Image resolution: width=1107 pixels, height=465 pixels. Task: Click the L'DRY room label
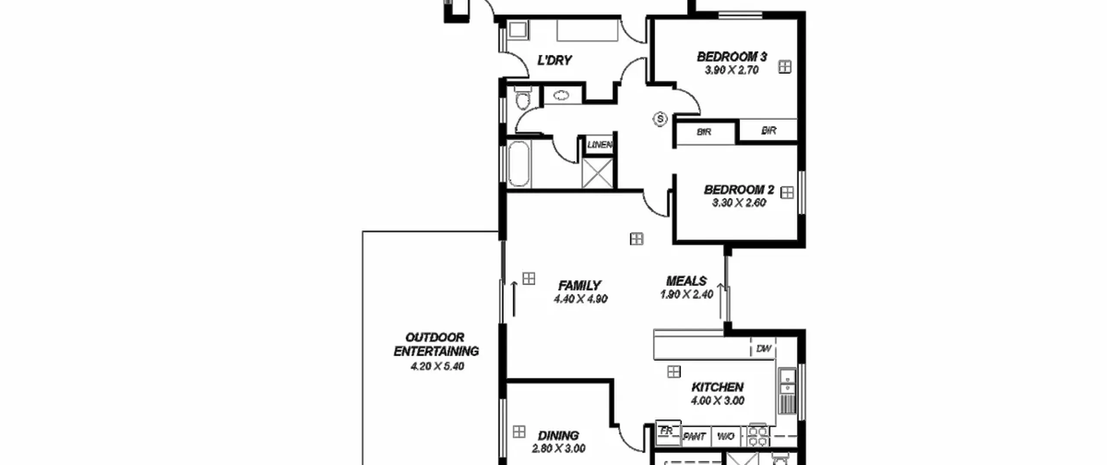(x=554, y=60)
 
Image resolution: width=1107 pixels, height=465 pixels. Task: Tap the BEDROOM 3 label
(x=732, y=57)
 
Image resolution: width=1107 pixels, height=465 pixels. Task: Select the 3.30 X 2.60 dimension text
(x=739, y=202)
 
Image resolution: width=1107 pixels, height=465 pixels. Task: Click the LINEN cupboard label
(x=600, y=145)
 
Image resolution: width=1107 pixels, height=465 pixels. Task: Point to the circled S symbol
(x=660, y=119)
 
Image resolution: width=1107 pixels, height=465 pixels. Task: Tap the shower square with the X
(x=598, y=173)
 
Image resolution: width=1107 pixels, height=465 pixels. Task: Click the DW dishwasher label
(x=764, y=349)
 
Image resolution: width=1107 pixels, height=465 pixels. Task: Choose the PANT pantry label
(x=694, y=437)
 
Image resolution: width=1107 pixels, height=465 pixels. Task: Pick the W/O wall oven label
(x=726, y=436)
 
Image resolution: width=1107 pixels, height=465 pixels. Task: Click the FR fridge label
(x=666, y=431)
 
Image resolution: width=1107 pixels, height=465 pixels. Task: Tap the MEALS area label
(x=686, y=281)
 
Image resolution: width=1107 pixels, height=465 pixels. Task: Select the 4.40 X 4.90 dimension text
(x=581, y=299)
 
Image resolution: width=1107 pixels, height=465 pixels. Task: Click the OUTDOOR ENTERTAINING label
(x=436, y=344)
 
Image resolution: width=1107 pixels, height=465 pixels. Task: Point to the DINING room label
(x=558, y=436)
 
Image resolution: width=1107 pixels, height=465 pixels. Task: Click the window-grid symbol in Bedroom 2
(x=787, y=193)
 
